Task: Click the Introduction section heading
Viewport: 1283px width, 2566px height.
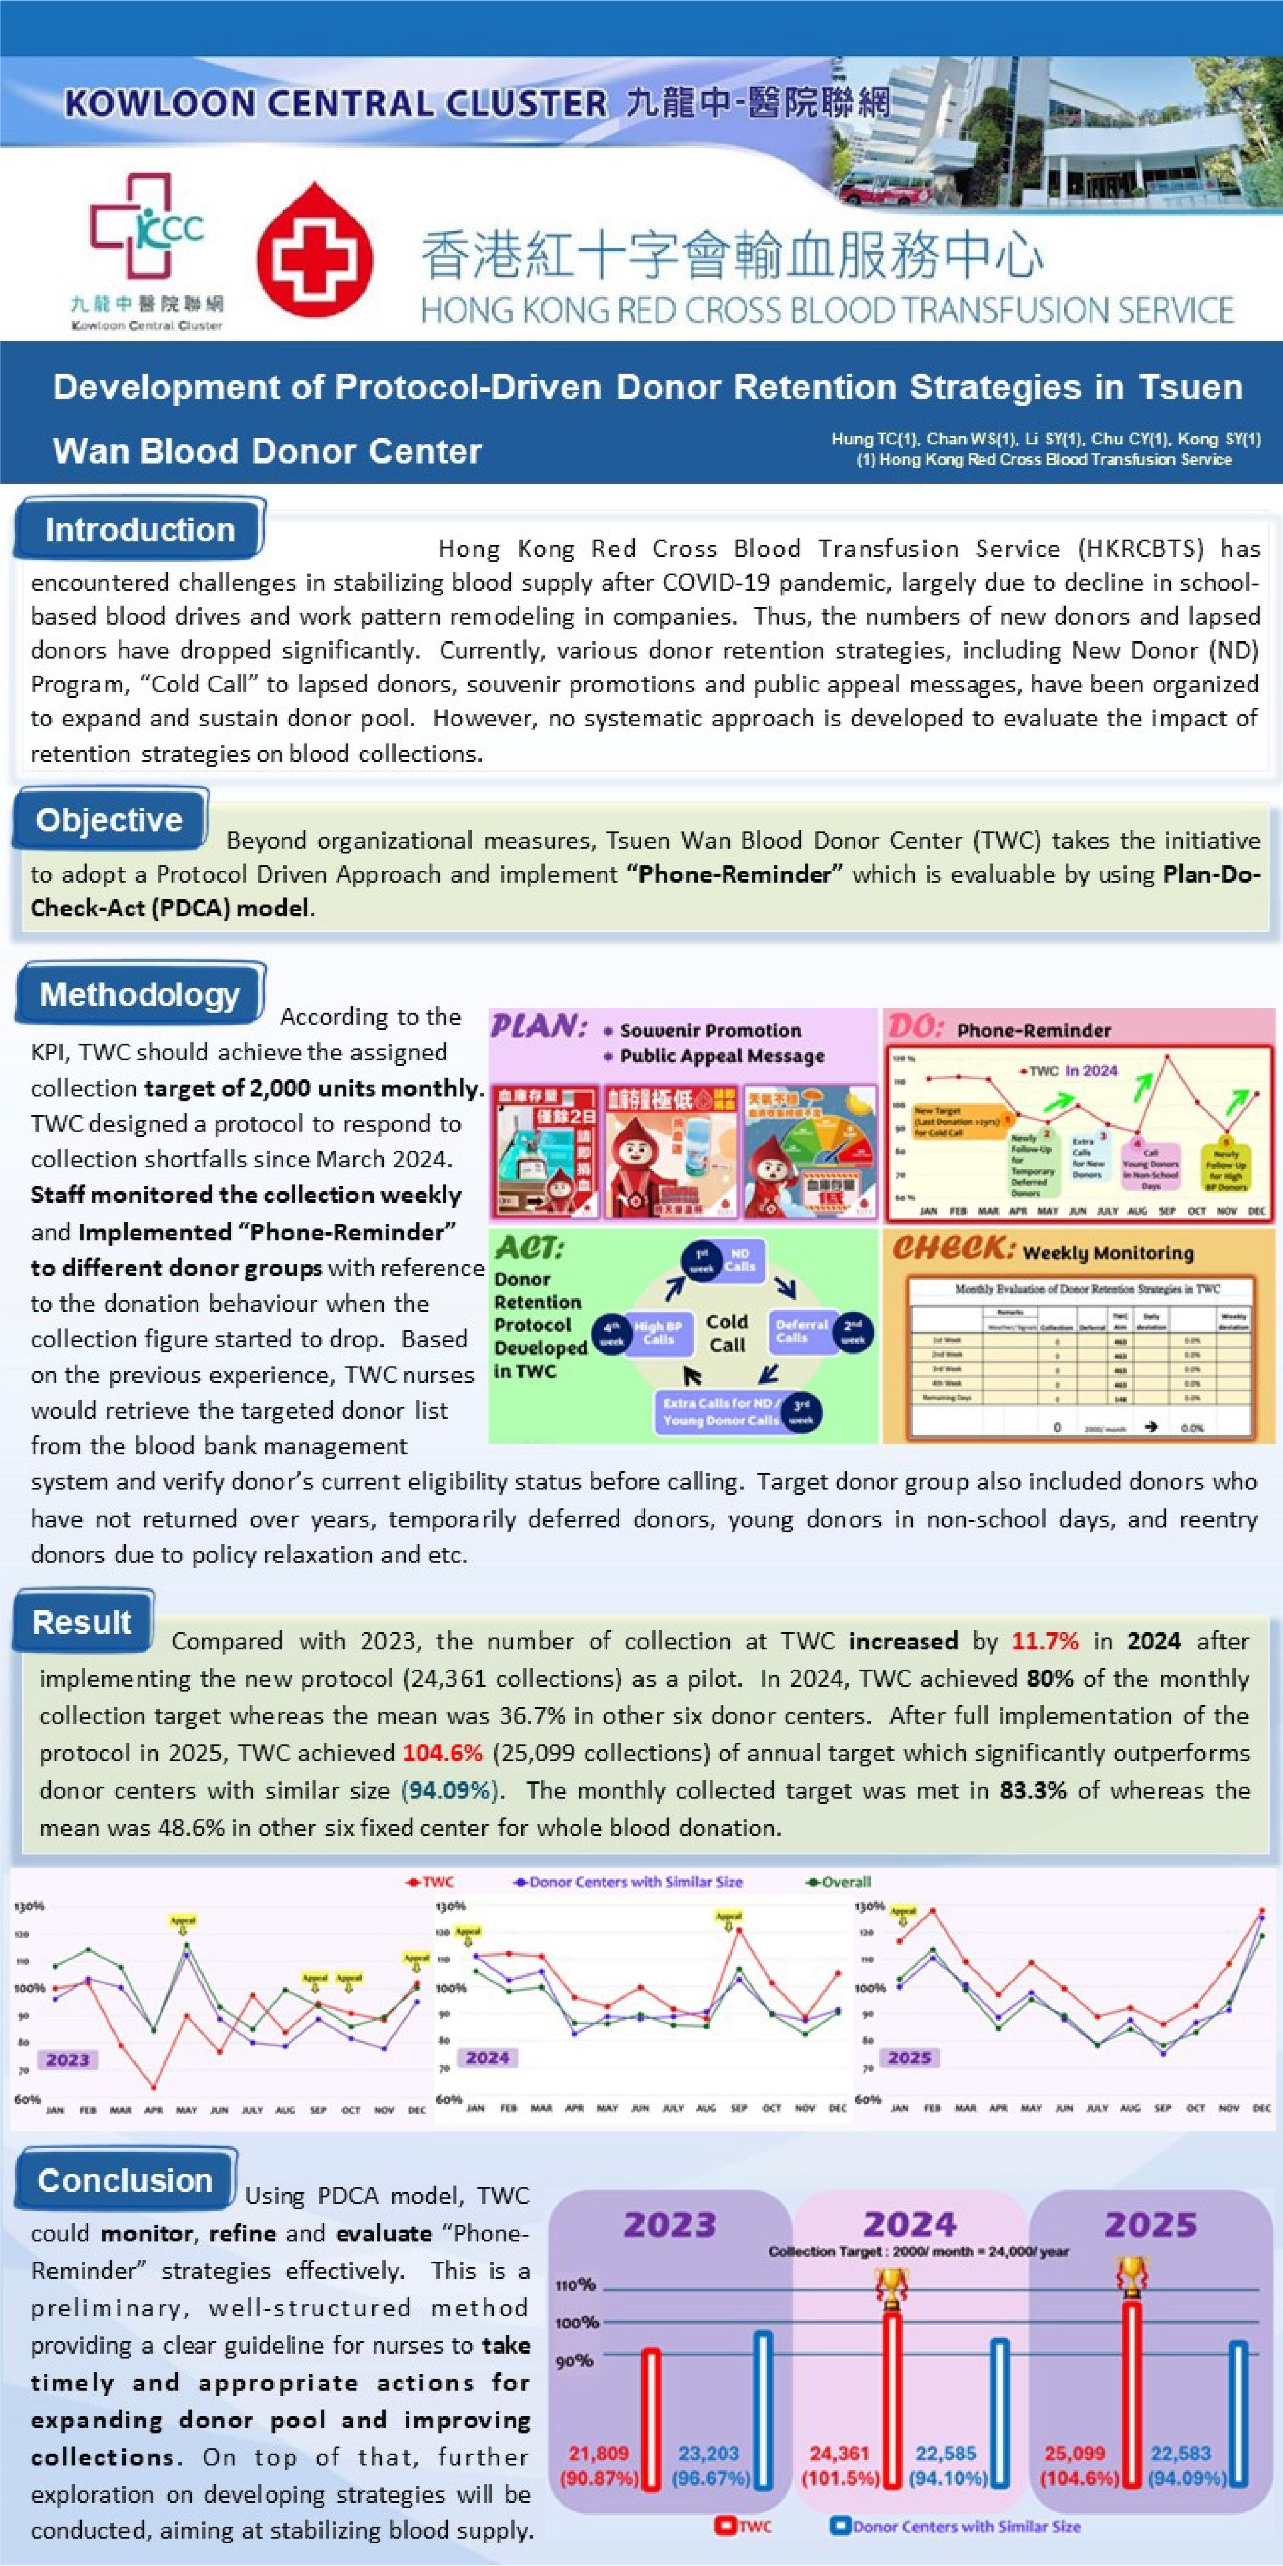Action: click(140, 530)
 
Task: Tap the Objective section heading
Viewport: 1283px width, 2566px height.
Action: click(110, 820)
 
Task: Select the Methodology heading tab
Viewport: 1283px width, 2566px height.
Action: click(140, 994)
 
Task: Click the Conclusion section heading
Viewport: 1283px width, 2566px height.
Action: click(126, 2180)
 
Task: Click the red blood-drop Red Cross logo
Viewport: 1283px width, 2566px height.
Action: click(315, 250)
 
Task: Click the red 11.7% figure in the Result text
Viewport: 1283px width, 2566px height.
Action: click(1045, 1641)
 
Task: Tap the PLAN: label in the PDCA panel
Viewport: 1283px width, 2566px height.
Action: click(539, 1026)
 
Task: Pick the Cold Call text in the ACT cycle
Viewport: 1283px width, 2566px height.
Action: click(727, 1334)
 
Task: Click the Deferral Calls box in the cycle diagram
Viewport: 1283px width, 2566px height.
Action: click(802, 1332)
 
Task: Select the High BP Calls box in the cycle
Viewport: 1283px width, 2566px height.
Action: click(658, 1333)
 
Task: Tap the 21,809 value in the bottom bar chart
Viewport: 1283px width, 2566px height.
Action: click(599, 2454)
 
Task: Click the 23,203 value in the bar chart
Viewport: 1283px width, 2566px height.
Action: click(709, 2454)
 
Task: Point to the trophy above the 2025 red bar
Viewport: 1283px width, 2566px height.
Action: click(1131, 2276)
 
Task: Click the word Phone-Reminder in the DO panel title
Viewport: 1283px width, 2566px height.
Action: click(1034, 1030)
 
